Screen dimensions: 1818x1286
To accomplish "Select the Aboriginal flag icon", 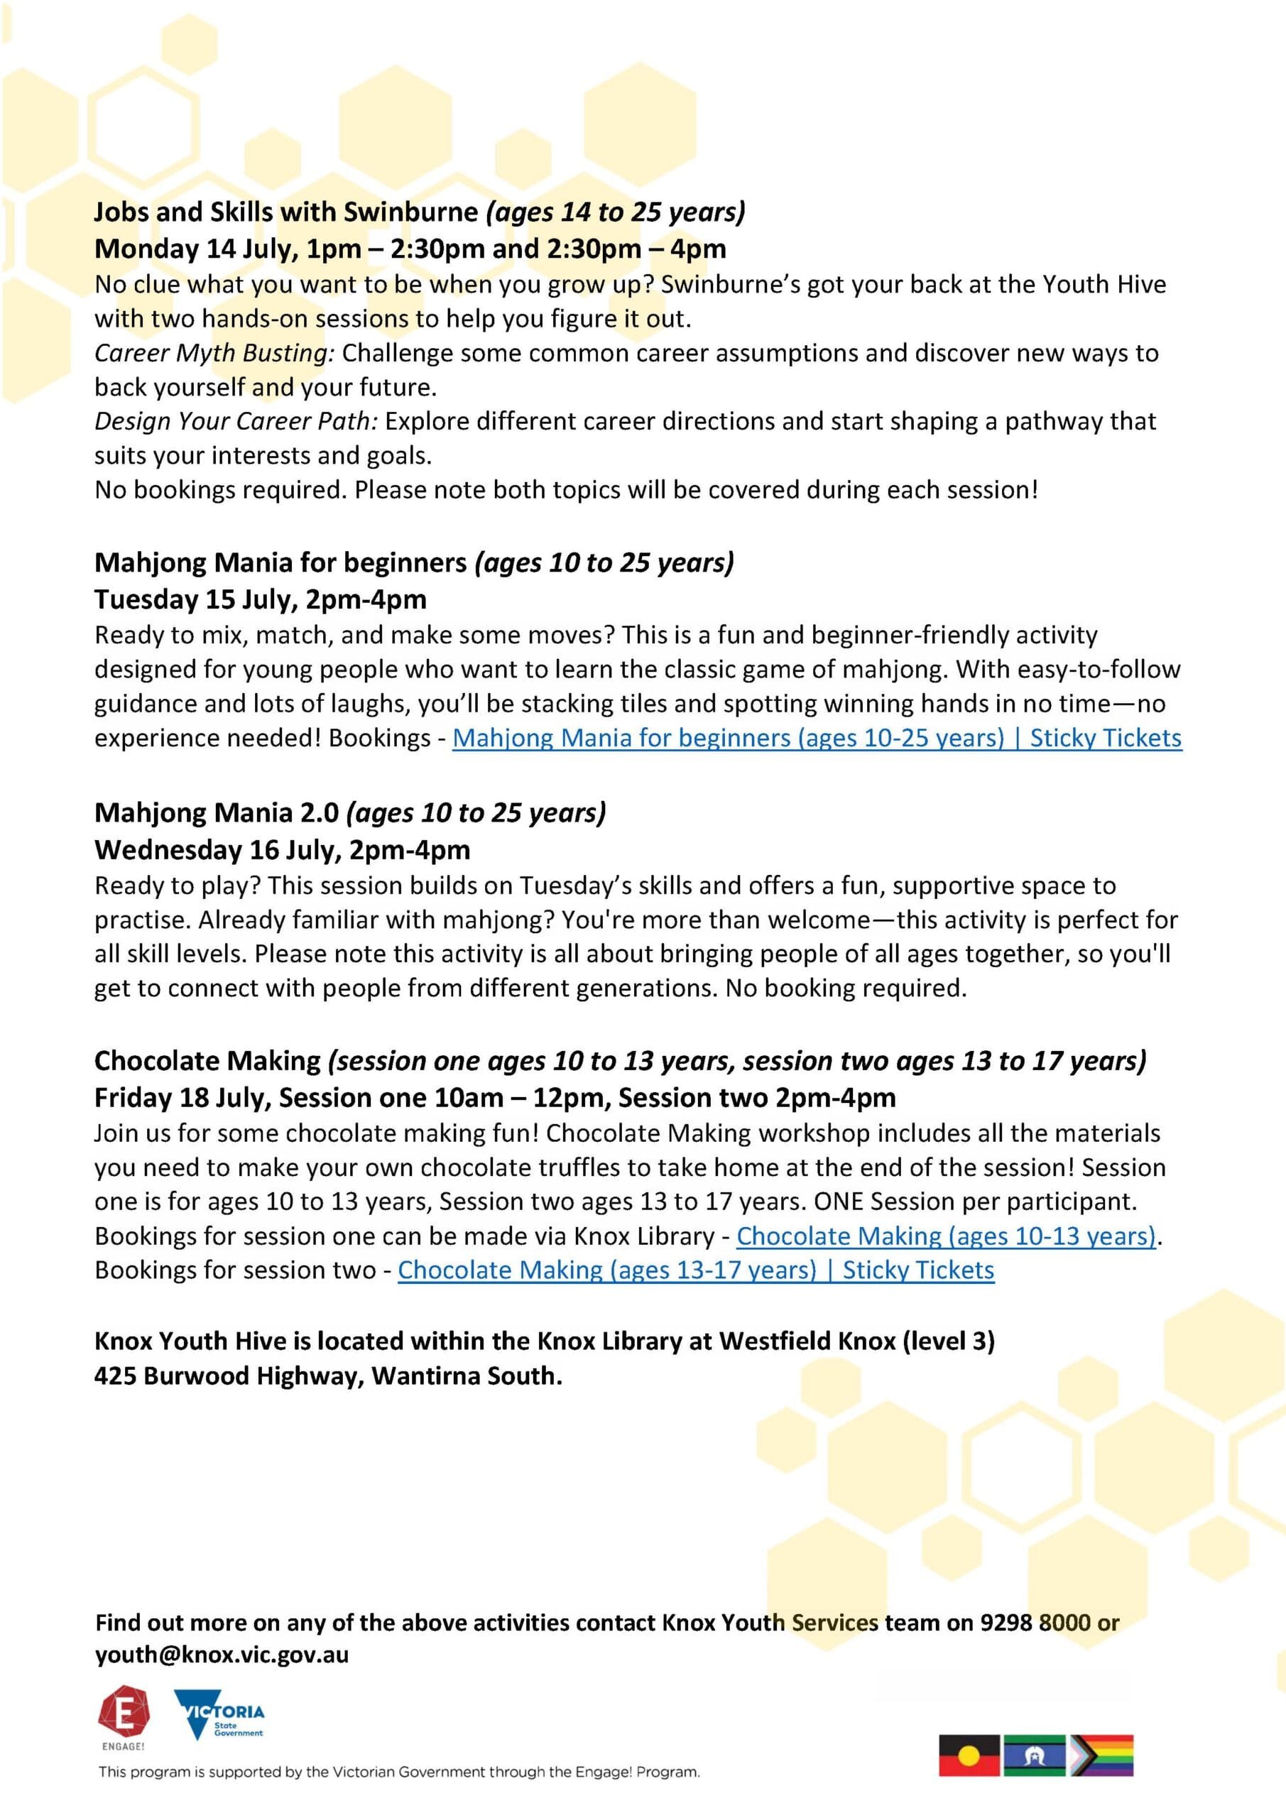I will click(969, 1756).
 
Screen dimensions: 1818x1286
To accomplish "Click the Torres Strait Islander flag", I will click(1034, 1756).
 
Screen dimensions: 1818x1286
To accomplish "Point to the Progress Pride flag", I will click(1101, 1756).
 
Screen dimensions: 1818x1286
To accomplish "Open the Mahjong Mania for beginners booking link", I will click(817, 738).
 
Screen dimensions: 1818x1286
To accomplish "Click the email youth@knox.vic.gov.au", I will click(222, 1655).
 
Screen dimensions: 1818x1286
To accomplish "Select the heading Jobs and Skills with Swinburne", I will click(286, 212).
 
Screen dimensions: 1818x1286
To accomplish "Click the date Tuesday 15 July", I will click(195, 599).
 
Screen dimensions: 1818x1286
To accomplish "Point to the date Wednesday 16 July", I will click(218, 849).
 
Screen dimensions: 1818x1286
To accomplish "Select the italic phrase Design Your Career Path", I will click(236, 421).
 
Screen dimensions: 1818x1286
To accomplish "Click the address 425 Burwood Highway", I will click(229, 1376).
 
